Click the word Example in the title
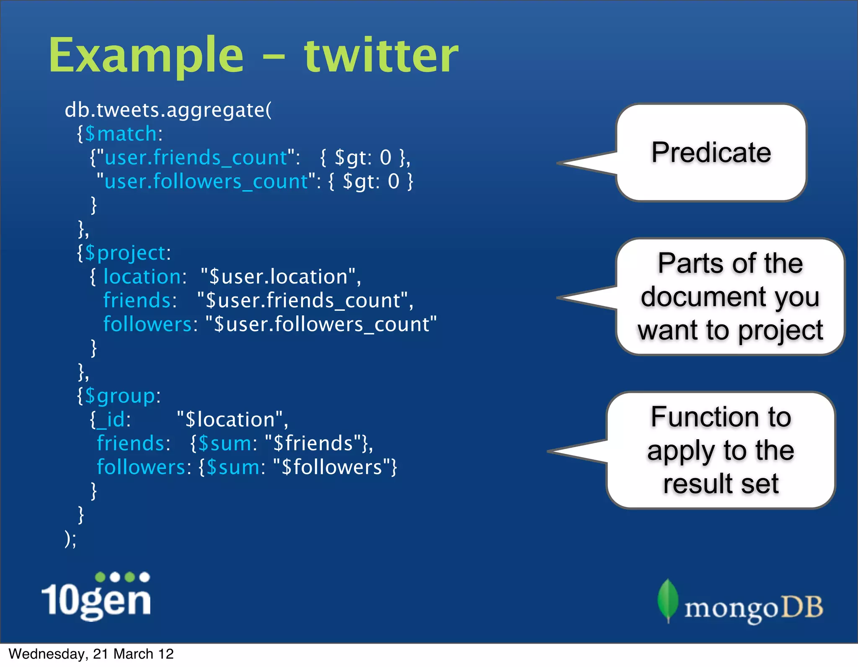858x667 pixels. point(146,56)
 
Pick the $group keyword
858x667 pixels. point(120,396)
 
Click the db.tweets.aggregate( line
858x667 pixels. point(168,110)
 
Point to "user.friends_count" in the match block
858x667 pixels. point(196,158)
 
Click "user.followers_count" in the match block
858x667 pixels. point(206,182)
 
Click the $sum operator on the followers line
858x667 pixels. point(233,467)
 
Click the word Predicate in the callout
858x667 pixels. point(711,152)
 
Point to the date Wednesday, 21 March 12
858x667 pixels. point(91,654)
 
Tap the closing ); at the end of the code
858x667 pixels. point(70,538)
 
